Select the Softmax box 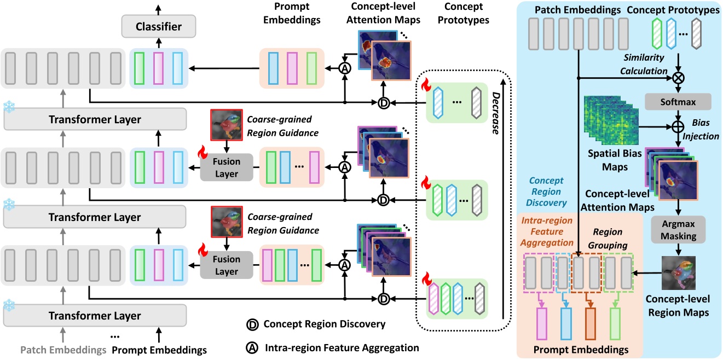click(x=678, y=101)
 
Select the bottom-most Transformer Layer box click(x=95, y=316)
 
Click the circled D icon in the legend click(x=253, y=324)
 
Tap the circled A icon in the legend click(x=253, y=347)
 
